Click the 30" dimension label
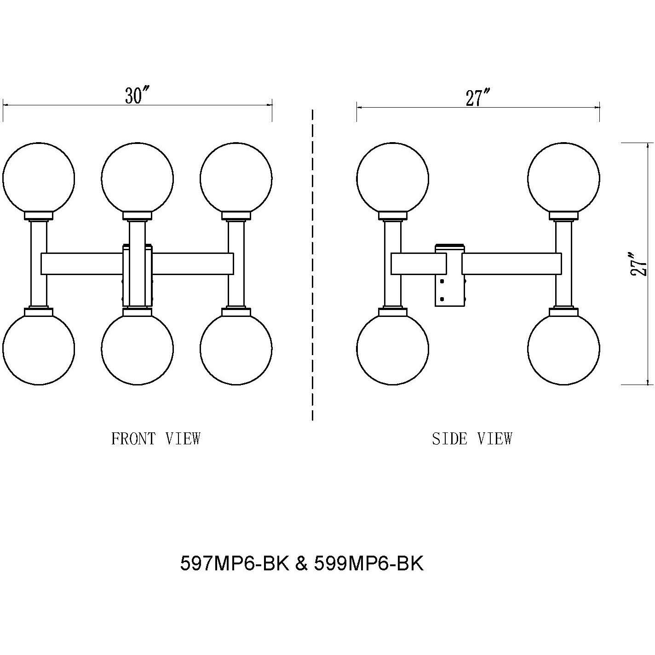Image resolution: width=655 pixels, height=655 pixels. tap(138, 95)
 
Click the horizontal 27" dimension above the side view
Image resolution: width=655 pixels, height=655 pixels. tap(478, 98)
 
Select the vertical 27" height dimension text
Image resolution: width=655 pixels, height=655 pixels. tap(639, 264)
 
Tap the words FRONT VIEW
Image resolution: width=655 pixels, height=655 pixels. tap(156, 439)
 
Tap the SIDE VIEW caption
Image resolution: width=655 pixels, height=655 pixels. tap(472, 439)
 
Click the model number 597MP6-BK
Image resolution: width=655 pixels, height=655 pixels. tap(235, 563)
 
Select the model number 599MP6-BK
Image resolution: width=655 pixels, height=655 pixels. tap(368, 563)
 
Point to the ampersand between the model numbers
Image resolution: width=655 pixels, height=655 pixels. tap(301, 563)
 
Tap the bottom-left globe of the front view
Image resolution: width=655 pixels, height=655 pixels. tap(38, 348)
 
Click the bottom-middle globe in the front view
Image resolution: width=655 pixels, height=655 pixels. tap(137, 348)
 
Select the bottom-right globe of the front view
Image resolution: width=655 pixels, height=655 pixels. tap(236, 348)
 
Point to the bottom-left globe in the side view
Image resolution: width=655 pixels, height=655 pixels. tap(392, 348)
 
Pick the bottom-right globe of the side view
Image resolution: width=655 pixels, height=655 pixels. tap(563, 348)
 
